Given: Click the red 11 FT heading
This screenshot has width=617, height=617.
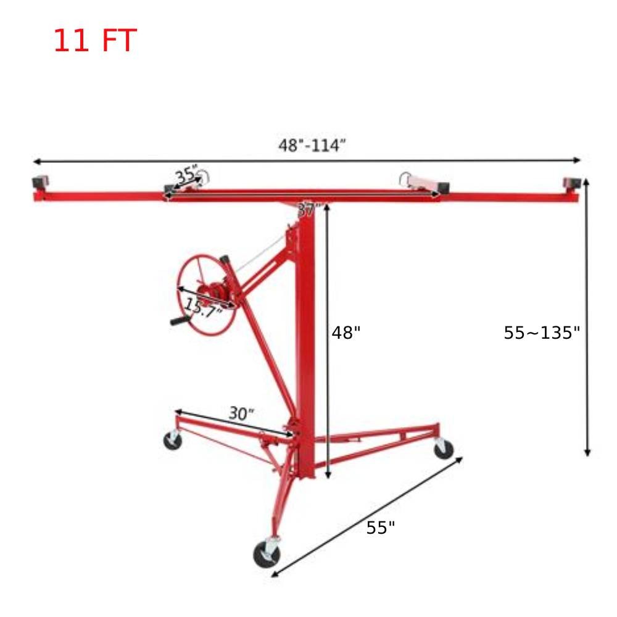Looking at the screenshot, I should (x=94, y=41).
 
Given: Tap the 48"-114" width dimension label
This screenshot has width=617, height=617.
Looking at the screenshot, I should (x=312, y=146).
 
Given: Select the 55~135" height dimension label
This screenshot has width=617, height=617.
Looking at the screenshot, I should (x=542, y=333).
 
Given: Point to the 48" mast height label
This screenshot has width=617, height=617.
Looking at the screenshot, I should (x=346, y=333).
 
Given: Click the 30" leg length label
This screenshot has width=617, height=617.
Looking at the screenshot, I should (x=241, y=413).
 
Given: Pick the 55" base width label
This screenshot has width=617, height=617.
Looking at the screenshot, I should (x=380, y=528).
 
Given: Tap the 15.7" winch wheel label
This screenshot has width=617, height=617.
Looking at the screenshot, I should (x=203, y=307).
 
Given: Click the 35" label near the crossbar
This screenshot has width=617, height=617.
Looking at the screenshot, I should (x=186, y=175).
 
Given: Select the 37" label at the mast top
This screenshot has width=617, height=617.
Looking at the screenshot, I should (x=307, y=210).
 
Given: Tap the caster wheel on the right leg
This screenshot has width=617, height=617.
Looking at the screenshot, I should (x=443, y=449).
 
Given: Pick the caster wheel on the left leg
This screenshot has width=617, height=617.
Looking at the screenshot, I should (x=173, y=441).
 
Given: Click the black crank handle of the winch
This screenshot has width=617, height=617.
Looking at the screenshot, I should (x=180, y=321).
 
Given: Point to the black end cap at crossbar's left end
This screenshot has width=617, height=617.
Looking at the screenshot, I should (x=40, y=183).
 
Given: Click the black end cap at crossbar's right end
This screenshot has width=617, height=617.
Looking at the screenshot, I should (x=571, y=183).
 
